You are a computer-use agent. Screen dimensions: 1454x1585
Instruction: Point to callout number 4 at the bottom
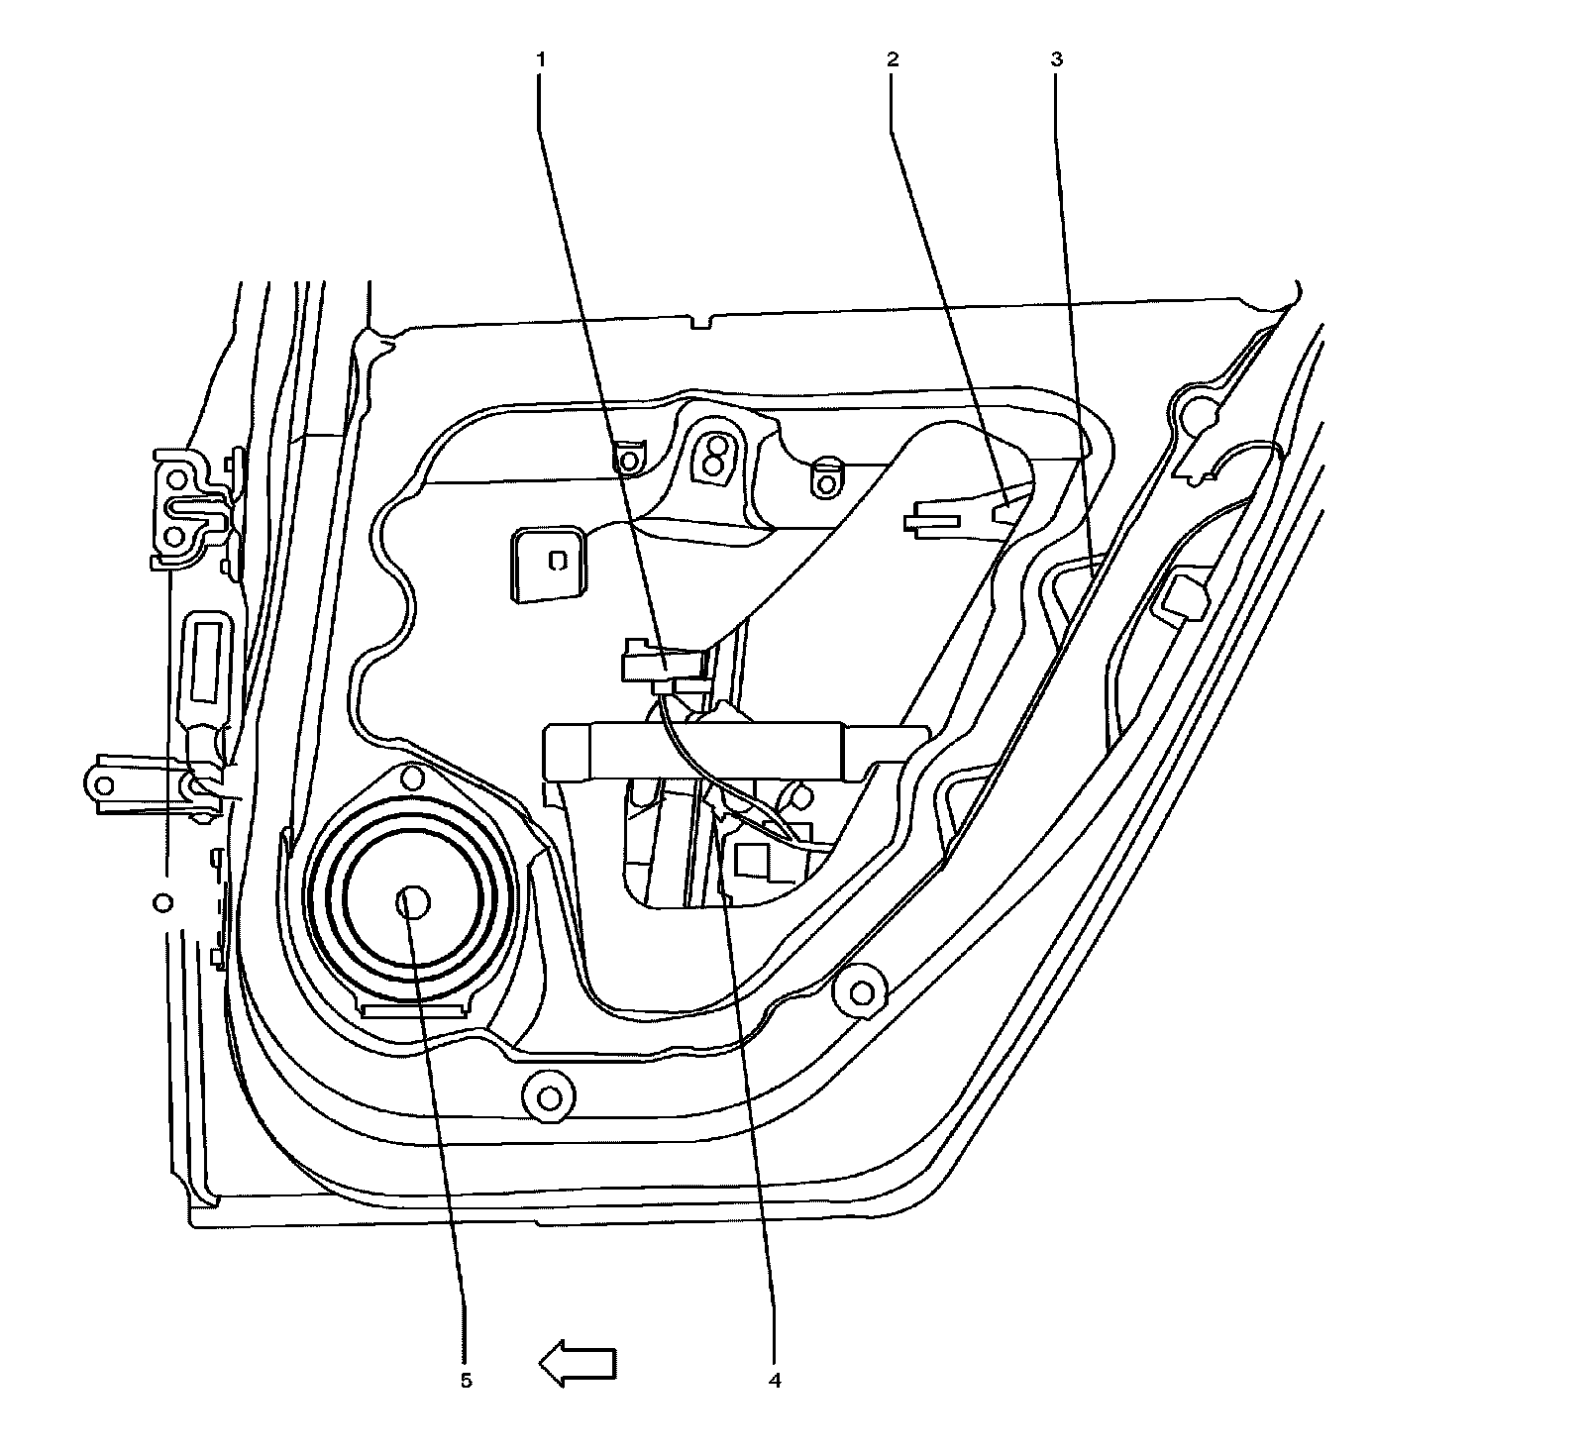(x=776, y=1379)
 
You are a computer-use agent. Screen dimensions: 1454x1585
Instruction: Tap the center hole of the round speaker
(x=412, y=902)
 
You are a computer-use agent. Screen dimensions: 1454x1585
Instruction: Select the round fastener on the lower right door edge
(x=860, y=990)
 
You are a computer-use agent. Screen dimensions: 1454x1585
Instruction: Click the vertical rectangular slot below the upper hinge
(x=207, y=658)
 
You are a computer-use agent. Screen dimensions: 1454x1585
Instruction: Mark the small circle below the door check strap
(x=164, y=902)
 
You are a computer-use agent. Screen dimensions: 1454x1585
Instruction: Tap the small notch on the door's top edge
(x=700, y=321)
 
